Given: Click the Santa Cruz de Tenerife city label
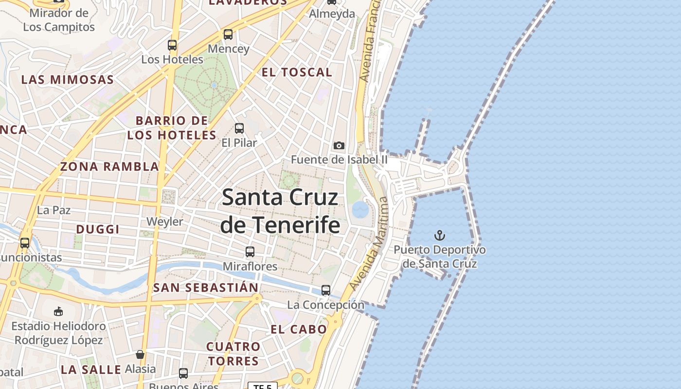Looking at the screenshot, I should pyautogui.click(x=280, y=211).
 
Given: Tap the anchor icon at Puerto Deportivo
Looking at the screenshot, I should pyautogui.click(x=440, y=236).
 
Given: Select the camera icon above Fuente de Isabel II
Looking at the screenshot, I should pyautogui.click(x=339, y=145).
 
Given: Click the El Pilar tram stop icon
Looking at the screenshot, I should pyautogui.click(x=239, y=128).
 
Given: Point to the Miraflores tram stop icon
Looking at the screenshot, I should pyautogui.click(x=250, y=252).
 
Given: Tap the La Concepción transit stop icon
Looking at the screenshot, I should pyautogui.click(x=326, y=290).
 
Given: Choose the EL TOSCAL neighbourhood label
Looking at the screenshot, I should pyautogui.click(x=297, y=72).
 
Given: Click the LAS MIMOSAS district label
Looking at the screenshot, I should pyautogui.click(x=68, y=80).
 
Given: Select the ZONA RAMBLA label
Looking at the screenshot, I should pyautogui.click(x=109, y=167).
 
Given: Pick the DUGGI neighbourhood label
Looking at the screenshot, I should pyautogui.click(x=98, y=229).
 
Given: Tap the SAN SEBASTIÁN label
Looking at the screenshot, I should pyautogui.click(x=206, y=287).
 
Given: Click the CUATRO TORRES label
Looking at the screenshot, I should pyautogui.click(x=233, y=354).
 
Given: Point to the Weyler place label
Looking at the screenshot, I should pyautogui.click(x=165, y=222).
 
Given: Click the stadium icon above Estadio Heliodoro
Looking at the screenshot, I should pyautogui.click(x=58, y=311).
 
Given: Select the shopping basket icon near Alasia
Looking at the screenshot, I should pyautogui.click(x=140, y=354).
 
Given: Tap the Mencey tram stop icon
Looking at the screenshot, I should pyautogui.click(x=228, y=35).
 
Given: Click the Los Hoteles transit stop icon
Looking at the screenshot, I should pyautogui.click(x=172, y=45).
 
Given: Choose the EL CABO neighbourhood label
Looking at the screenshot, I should pyautogui.click(x=299, y=329).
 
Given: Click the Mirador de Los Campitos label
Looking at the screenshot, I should pyautogui.click(x=59, y=19).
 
